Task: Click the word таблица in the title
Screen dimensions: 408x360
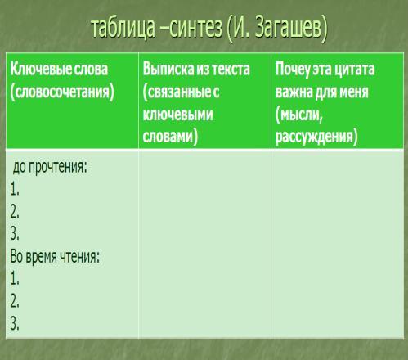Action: [123, 28]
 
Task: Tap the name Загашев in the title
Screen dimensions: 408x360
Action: [291, 29]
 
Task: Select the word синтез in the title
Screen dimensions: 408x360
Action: [195, 28]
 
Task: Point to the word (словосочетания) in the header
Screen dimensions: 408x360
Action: [62, 92]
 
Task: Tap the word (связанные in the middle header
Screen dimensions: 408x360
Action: [177, 92]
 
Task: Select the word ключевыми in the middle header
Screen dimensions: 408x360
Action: [177, 115]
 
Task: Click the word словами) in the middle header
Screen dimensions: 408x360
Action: [170, 137]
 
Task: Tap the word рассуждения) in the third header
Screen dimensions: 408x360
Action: [316, 137]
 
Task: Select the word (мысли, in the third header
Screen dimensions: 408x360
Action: [299, 115]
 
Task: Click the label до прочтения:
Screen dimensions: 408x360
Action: [50, 167]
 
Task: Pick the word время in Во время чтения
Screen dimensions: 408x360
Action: [42, 257]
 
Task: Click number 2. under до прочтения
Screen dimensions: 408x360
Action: [15, 212]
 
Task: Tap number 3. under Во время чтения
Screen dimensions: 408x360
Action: [15, 323]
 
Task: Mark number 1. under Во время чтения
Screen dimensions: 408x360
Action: [15, 279]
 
